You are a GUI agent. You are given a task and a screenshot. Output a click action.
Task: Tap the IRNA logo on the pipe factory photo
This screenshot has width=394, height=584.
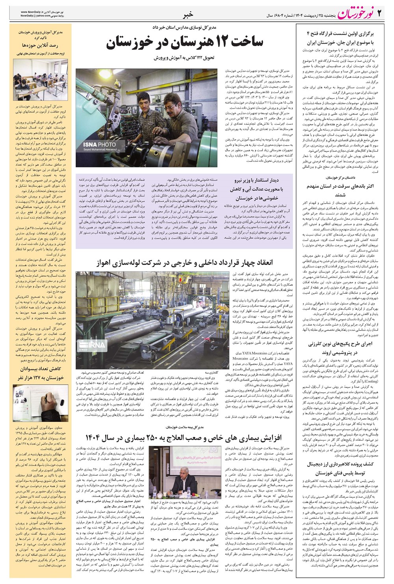click(x=95, y=345)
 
